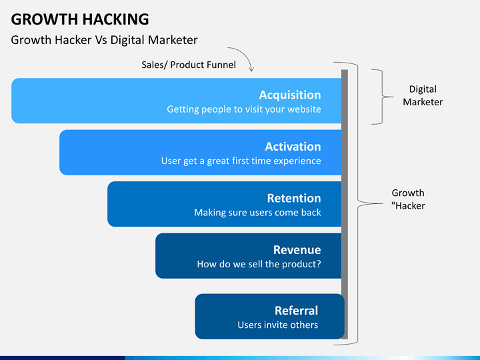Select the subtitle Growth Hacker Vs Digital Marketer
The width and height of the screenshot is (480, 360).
pyautogui.click(x=104, y=40)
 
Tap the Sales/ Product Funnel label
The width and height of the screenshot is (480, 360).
pyautogui.click(x=189, y=65)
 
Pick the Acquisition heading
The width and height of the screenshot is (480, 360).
pyautogui.click(x=289, y=95)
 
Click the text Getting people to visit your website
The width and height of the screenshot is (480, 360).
pyautogui.click(x=243, y=109)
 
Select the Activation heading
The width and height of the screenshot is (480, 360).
pyautogui.click(x=293, y=147)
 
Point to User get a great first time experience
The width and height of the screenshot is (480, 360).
pyautogui.click(x=241, y=161)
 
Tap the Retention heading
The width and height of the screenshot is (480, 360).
pyautogui.click(x=293, y=198)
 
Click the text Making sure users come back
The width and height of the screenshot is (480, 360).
pyautogui.click(x=257, y=213)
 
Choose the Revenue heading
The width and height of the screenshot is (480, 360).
pyautogui.click(x=297, y=250)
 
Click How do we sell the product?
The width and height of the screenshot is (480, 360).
pyautogui.click(x=259, y=264)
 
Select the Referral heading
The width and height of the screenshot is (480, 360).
pyautogui.click(x=296, y=311)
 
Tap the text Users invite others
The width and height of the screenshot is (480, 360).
pyautogui.click(x=277, y=325)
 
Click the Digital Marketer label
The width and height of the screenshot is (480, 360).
pyautogui.click(x=422, y=95)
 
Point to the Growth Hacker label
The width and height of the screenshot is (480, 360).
pyautogui.click(x=408, y=199)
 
